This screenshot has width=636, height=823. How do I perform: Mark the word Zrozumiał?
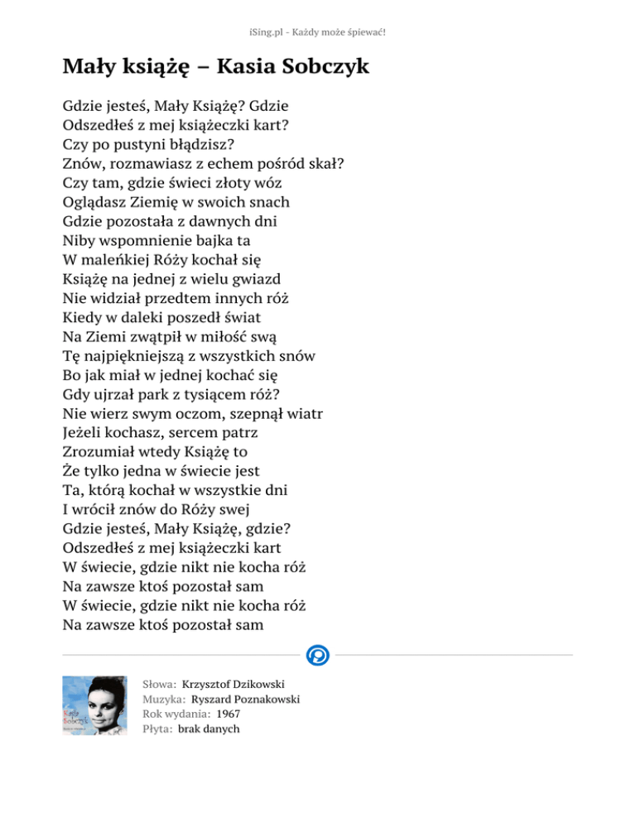tap(100, 452)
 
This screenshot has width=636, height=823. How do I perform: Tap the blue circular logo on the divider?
tap(317, 656)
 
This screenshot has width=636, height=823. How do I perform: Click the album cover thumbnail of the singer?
tap(94, 706)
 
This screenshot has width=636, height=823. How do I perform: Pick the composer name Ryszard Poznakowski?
tap(245, 700)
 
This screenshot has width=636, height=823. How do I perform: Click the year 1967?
tap(229, 715)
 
